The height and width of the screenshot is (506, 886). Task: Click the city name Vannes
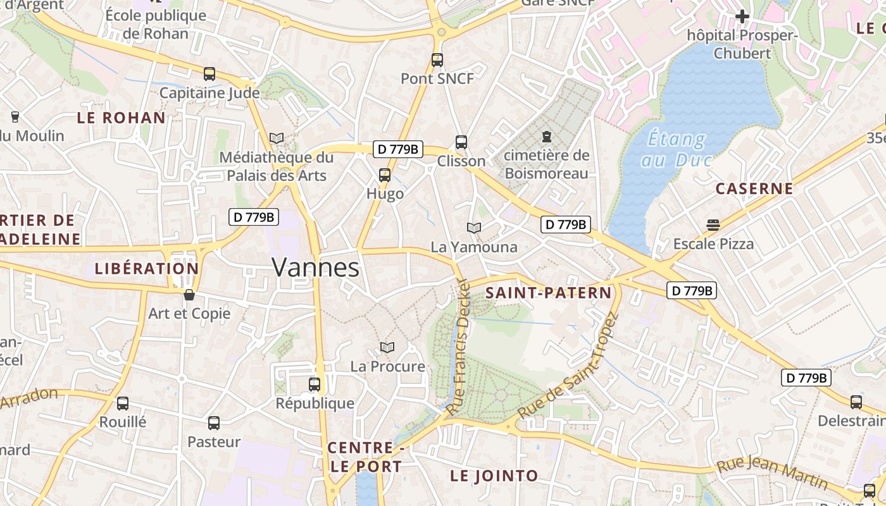click(x=316, y=268)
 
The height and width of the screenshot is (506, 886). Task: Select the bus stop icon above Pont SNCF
click(x=437, y=60)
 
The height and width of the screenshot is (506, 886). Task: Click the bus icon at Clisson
click(x=461, y=142)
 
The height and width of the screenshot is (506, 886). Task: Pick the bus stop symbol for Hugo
click(x=385, y=175)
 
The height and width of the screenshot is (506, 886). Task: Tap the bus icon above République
click(x=315, y=384)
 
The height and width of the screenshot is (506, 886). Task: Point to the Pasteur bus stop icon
click(x=214, y=423)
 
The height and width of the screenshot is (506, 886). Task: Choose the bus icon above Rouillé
click(x=123, y=403)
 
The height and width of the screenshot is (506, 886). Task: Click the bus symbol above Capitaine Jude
click(x=209, y=74)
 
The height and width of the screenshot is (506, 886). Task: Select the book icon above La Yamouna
click(x=474, y=228)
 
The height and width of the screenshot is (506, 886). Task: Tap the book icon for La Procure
click(x=387, y=347)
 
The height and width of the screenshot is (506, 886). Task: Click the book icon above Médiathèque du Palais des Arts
click(x=277, y=138)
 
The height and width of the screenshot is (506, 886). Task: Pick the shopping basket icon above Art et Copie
click(x=189, y=295)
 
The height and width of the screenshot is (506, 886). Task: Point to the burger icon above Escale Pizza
click(x=713, y=225)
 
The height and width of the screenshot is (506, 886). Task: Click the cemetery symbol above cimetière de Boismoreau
click(x=546, y=136)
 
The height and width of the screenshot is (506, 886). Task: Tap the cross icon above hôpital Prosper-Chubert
click(x=742, y=16)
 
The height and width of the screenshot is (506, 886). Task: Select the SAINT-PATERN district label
click(x=549, y=293)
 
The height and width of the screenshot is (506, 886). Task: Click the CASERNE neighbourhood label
click(x=754, y=188)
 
